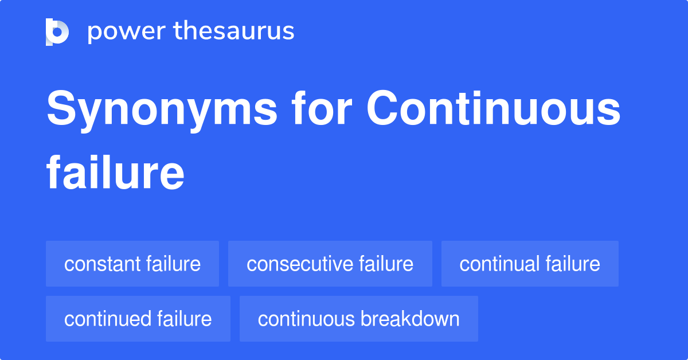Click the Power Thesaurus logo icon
(57, 32)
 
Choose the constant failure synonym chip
(132, 264)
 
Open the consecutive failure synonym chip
(330, 264)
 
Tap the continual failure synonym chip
(530, 264)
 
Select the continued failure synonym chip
(138, 319)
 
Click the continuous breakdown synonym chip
(358, 319)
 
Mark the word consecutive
(300, 264)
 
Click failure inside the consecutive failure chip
(386, 264)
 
